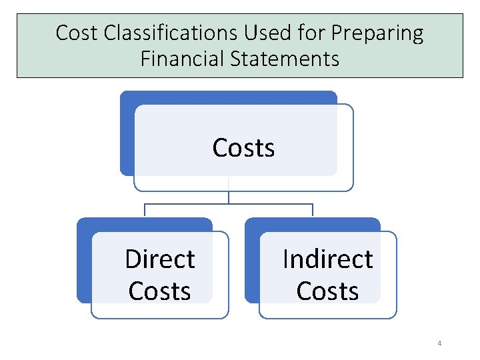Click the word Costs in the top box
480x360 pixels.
[243, 147]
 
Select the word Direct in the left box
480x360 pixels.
[160, 259]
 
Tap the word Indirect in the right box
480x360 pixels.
[327, 259]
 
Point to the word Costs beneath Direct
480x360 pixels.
[160, 291]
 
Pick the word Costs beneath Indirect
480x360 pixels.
[327, 291]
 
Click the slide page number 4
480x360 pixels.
[439, 343]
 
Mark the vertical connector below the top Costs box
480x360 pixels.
[229, 197]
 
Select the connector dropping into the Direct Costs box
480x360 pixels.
[145, 211]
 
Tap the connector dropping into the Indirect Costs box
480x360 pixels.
[313, 211]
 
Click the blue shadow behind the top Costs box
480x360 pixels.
[127, 133]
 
